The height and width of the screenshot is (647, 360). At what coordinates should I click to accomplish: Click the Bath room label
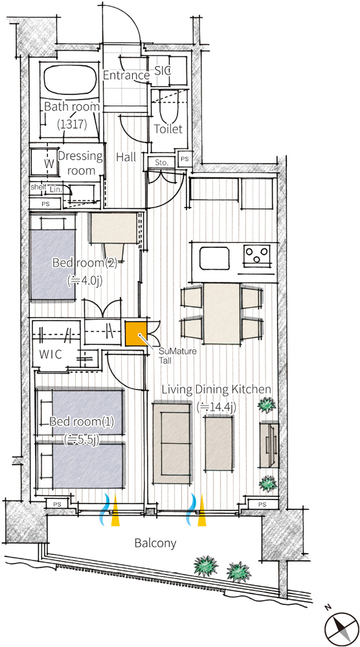point(72,107)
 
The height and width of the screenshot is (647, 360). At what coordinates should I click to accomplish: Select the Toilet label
point(168,129)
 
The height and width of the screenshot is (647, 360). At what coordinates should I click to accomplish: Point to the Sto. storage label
point(162,162)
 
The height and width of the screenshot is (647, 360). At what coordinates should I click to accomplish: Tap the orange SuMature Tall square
point(136,333)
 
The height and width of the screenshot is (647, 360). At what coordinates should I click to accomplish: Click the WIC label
point(51,355)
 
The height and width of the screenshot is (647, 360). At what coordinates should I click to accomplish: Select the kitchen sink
point(215,258)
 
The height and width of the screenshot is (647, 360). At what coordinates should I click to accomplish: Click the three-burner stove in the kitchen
point(257,254)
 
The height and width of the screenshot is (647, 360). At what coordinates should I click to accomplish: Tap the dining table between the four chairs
point(222,314)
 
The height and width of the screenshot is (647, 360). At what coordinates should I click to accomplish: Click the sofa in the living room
point(172,443)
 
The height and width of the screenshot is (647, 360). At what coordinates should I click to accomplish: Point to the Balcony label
point(155,543)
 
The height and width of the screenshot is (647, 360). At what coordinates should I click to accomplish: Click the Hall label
point(126,157)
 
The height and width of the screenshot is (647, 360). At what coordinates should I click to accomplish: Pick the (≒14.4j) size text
point(216,407)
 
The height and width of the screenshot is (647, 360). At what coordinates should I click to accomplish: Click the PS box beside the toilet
point(185,158)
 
